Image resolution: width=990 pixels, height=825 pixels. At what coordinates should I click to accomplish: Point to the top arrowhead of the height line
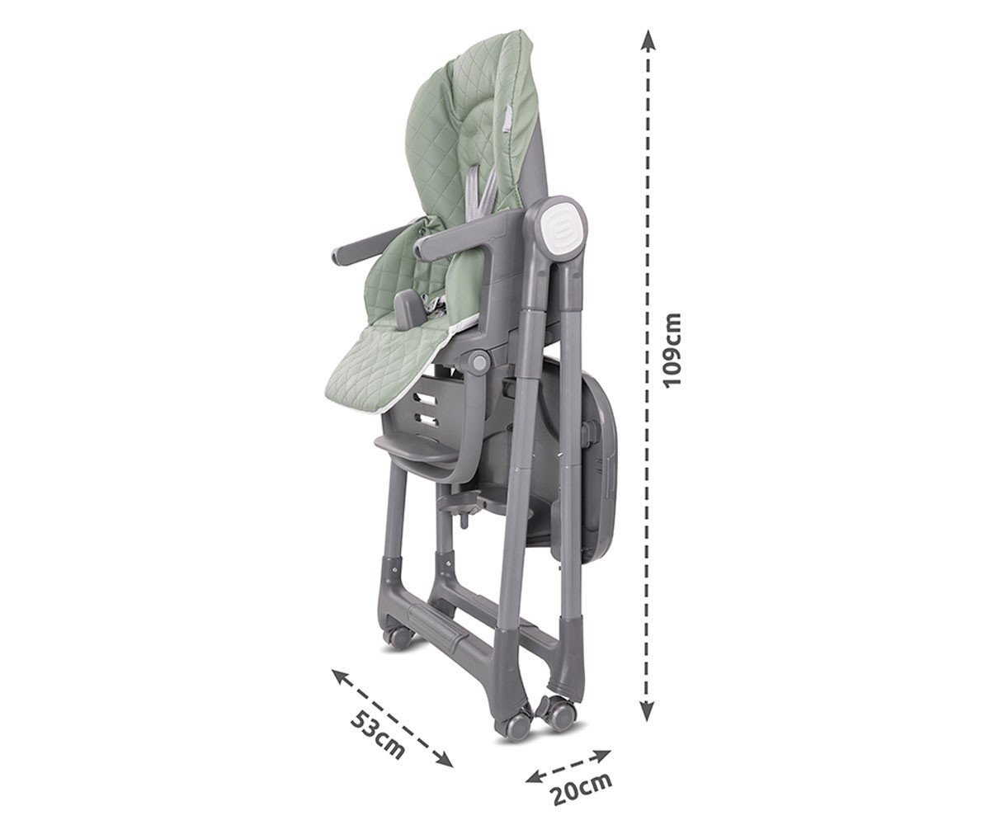[x=648, y=40]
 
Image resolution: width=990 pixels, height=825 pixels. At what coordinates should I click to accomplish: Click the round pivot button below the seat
[x=480, y=363]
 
